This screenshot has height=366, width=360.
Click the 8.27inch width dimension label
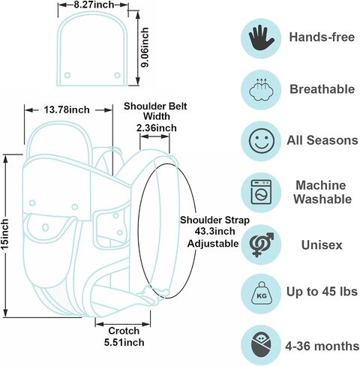(94, 4)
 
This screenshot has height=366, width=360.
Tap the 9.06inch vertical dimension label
(145, 47)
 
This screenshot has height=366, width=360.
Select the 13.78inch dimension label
(67, 109)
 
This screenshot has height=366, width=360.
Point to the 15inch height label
(4, 234)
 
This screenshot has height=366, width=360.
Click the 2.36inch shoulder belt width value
(157, 128)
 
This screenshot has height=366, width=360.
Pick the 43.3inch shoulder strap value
(215, 232)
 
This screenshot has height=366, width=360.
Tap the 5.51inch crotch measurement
(124, 342)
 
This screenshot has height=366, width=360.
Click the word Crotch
(124, 331)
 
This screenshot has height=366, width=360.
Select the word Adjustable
(213, 244)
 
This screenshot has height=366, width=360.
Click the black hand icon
(261, 37)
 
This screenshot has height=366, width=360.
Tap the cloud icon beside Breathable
(261, 89)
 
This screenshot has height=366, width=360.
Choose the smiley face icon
(262, 141)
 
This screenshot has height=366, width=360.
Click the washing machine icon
(261, 192)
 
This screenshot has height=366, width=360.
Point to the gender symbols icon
(262, 244)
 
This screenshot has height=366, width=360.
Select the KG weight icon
(262, 293)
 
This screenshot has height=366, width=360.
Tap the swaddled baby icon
(261, 346)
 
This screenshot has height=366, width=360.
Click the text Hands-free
(322, 37)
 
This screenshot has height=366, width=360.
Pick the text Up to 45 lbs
(322, 292)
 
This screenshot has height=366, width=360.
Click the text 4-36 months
(322, 346)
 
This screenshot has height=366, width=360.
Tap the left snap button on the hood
(67, 75)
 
